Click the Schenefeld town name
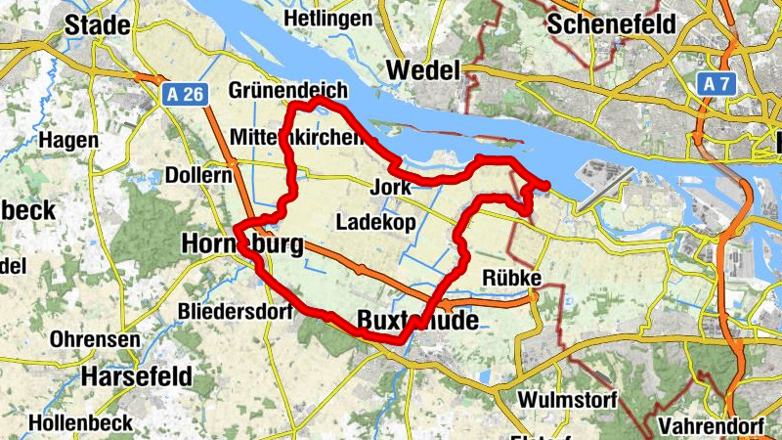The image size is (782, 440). click(x=612, y=24)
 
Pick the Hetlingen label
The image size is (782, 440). click(x=326, y=19)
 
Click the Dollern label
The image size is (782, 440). click(x=198, y=176)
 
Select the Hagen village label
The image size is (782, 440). click(x=68, y=141)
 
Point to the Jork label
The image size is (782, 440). click(x=392, y=187)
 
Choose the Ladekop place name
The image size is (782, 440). click(x=375, y=223)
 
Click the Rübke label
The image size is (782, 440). click(x=511, y=280)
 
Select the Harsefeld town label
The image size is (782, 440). click(x=137, y=376)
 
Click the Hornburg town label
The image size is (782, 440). click(x=241, y=244)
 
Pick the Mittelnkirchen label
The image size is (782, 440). click(x=298, y=136)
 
